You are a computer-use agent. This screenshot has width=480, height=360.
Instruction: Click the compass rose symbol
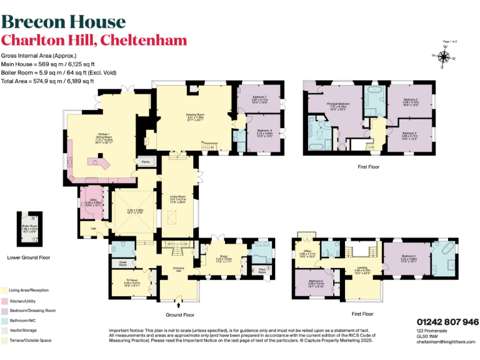pos(444,57)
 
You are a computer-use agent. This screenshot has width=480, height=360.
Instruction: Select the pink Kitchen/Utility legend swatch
pos(4,301)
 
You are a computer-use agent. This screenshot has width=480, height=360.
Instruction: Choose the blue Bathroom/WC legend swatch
pos(4,320)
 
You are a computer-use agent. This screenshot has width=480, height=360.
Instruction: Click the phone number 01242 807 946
pos(447,321)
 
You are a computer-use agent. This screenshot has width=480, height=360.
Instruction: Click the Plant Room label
pos(262,271)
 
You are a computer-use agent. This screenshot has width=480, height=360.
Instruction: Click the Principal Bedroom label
pos(340,104)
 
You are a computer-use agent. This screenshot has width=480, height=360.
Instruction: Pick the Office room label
pos(307,252)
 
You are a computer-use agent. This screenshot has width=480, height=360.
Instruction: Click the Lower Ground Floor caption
pos(29,257)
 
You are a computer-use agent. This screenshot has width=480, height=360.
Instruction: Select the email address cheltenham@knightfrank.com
pos(446,342)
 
